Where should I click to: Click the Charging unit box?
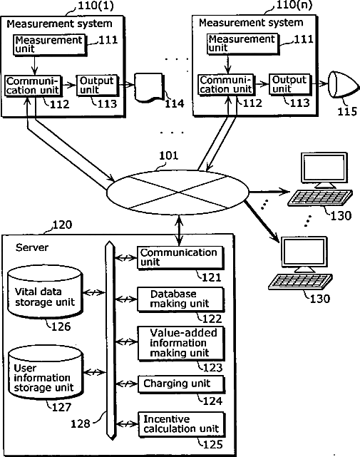tap(181, 384)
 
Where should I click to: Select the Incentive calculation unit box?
tap(182, 424)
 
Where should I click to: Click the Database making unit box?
tap(181, 299)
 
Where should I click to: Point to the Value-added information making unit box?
tap(181, 344)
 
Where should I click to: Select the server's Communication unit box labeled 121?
tap(180, 258)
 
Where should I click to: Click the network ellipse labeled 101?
tap(178, 192)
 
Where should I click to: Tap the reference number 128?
tap(81, 423)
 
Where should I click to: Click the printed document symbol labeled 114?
tap(149, 88)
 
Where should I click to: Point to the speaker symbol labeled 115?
tap(344, 85)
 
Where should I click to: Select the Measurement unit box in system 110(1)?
tap(50, 45)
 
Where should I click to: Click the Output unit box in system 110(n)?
tap(290, 85)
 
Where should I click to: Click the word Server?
tap(32, 247)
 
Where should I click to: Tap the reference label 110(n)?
tap(294, 5)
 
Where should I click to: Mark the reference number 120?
tap(62, 225)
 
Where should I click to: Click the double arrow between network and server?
tap(180, 230)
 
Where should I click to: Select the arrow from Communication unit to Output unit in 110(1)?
tap(69, 85)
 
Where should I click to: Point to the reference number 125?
tap(213, 444)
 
